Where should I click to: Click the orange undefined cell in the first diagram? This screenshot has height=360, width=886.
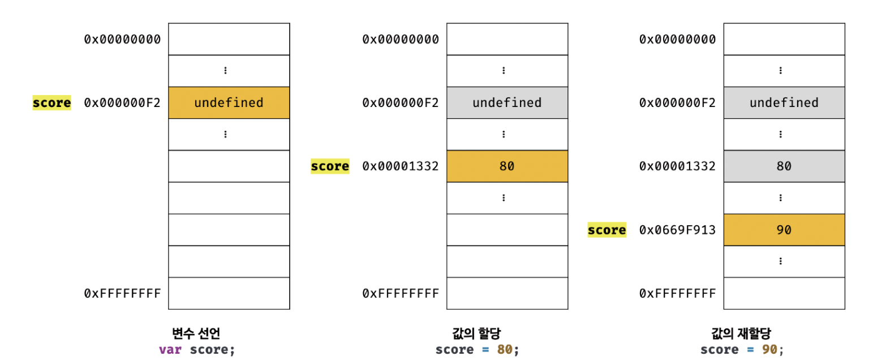[x=229, y=103]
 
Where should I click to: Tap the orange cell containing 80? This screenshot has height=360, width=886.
[x=507, y=166]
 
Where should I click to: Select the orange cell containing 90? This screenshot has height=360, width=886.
[x=784, y=230]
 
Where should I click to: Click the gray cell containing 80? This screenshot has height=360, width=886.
[x=784, y=166]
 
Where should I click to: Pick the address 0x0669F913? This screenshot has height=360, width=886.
[x=677, y=230]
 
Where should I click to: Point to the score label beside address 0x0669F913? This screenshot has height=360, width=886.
[x=607, y=230]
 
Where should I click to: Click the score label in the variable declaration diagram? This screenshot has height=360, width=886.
[x=51, y=103]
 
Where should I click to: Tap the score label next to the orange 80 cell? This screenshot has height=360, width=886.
[x=330, y=166]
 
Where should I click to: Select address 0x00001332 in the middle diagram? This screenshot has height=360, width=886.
[x=401, y=166]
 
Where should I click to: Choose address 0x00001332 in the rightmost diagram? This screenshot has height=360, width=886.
[x=677, y=166]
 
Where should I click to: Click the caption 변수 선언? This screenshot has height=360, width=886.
[x=195, y=333]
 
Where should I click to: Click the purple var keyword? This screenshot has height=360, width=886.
[x=170, y=349]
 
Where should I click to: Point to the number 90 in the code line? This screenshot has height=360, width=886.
[x=769, y=349]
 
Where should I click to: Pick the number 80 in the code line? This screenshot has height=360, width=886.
[x=504, y=349]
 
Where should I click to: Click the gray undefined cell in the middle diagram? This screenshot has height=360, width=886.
[x=507, y=103]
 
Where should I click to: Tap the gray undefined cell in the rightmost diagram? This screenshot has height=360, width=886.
[x=784, y=103]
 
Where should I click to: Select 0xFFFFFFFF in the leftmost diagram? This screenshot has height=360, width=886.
[x=122, y=293]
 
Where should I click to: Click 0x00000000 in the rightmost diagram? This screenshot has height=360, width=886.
[x=677, y=39]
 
